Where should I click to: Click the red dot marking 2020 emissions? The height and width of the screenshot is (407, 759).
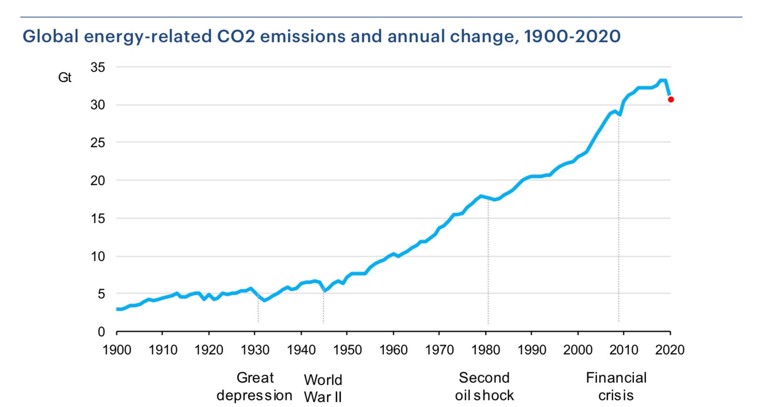(x=671, y=99)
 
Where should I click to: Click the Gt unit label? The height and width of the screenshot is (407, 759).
(x=65, y=77)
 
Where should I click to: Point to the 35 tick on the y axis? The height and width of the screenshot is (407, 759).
(x=98, y=68)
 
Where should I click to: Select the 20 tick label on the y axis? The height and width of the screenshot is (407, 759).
(x=98, y=181)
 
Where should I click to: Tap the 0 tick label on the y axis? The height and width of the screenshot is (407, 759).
(x=101, y=332)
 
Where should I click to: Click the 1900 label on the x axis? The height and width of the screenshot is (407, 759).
(x=116, y=350)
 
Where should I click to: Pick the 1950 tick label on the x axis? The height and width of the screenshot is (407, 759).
(x=347, y=350)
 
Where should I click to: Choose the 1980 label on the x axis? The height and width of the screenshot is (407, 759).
(x=485, y=350)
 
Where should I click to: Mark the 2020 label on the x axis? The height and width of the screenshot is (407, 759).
(x=670, y=350)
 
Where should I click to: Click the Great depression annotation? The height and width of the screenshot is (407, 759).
(x=255, y=387)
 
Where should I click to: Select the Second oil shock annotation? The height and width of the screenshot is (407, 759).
(x=484, y=387)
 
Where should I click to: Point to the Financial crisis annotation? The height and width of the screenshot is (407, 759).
(x=616, y=387)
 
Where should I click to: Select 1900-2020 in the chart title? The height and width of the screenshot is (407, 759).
(x=572, y=36)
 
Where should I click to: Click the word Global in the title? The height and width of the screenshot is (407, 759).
(x=51, y=36)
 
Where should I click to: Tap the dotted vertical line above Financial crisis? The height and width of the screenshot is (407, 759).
(x=618, y=222)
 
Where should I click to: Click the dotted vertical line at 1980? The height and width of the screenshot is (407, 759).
(x=488, y=259)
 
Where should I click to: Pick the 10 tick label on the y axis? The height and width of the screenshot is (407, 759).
(x=98, y=256)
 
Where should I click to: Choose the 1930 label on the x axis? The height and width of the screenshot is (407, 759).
(x=255, y=350)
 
